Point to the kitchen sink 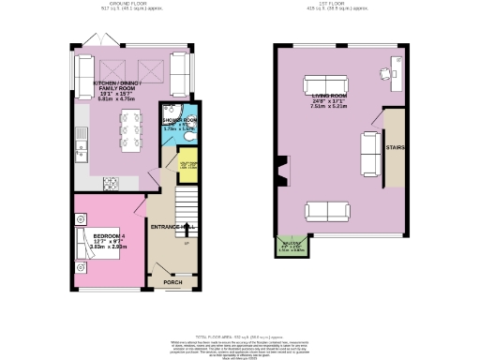[82, 140]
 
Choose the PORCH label [173, 281]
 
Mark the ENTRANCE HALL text [172, 228]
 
